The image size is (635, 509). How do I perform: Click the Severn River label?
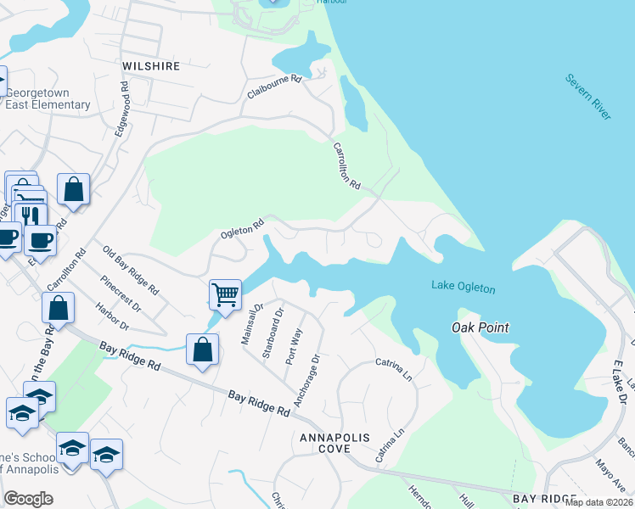click(588, 96)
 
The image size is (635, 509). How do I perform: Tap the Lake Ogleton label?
click(463, 288)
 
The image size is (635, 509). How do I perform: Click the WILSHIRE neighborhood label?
click(151, 65)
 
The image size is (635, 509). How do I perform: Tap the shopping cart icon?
click(225, 295)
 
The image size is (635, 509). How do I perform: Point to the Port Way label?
click(294, 345)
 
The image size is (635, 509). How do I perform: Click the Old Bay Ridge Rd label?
click(131, 270)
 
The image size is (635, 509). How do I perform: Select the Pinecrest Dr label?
click(118, 293)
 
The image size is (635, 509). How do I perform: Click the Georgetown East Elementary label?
click(48, 98)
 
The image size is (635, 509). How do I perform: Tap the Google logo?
click(28, 499)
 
